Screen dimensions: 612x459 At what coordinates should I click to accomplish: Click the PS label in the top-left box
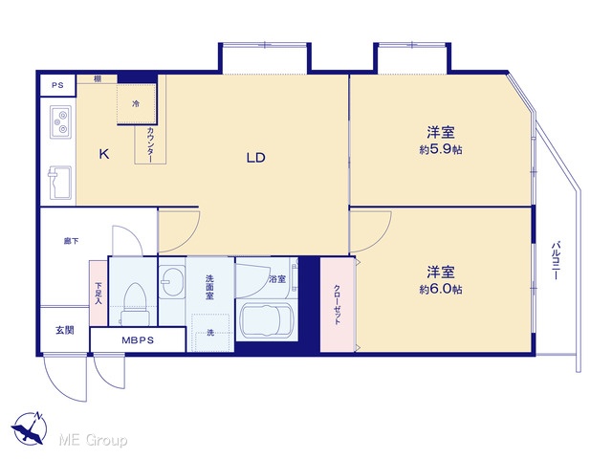tap(57, 85)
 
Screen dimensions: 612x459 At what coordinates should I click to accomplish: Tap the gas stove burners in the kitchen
tap(60, 121)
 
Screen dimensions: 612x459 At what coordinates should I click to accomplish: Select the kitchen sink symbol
tap(59, 183)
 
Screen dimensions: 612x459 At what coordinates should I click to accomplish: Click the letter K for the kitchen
tap(104, 154)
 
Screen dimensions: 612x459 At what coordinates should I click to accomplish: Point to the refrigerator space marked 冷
tap(136, 104)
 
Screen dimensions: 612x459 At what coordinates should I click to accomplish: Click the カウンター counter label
tap(150, 144)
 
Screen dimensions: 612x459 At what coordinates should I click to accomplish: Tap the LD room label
tap(255, 157)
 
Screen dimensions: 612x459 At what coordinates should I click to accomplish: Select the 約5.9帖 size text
tap(441, 149)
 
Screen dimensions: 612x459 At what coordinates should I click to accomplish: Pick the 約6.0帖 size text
tap(441, 289)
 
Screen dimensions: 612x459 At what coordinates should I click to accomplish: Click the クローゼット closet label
tap(337, 304)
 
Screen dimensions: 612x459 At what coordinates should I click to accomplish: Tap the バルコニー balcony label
tap(556, 260)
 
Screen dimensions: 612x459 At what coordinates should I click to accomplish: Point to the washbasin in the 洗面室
tap(172, 281)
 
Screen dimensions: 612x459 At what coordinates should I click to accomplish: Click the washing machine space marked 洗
tap(210, 333)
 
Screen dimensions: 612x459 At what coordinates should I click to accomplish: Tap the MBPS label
tap(138, 340)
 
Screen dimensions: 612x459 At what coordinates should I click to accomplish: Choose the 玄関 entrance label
tap(64, 330)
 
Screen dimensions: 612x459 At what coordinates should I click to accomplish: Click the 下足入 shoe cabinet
tap(98, 293)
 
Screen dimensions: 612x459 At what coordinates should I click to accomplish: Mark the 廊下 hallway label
tap(71, 241)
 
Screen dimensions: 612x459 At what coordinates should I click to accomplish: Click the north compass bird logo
tap(30, 427)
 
